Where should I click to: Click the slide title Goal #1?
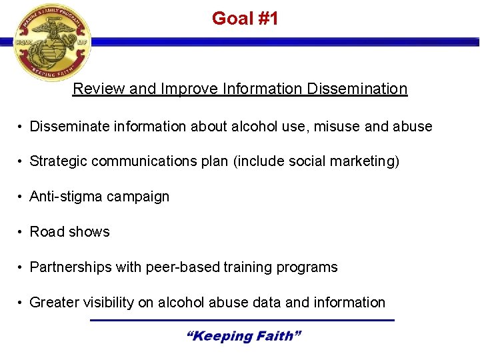tap(245, 19)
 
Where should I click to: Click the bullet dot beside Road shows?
tap(21, 233)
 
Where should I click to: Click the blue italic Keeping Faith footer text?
tap(244, 337)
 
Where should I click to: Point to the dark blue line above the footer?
tap(242, 321)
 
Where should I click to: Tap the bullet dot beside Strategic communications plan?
tap(21, 162)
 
